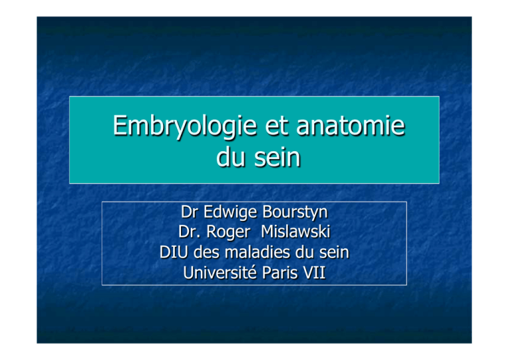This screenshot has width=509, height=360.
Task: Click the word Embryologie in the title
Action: click(x=185, y=127)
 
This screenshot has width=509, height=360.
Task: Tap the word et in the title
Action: click(x=276, y=126)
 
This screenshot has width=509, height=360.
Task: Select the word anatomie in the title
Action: click(x=351, y=125)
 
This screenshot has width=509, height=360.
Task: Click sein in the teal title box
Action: click(x=277, y=157)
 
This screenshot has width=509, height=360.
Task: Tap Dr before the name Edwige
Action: click(x=190, y=211)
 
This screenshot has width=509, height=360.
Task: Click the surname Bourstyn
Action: click(x=295, y=213)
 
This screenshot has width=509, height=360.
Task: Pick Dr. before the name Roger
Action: click(x=189, y=232)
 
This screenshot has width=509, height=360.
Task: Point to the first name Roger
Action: click(x=228, y=233)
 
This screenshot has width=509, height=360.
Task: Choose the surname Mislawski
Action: click(x=296, y=232)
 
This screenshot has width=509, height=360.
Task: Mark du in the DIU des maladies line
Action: click(x=304, y=252)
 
